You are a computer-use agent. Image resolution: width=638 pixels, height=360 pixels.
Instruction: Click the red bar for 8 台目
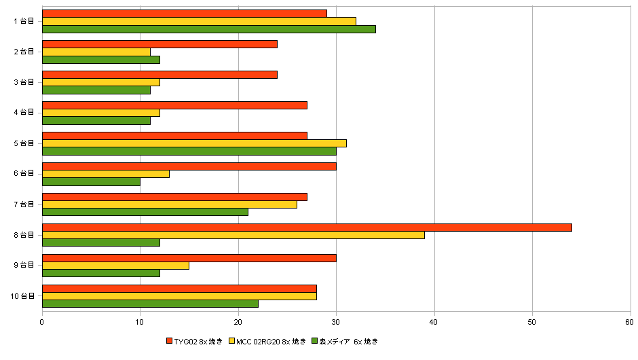coord(307,227)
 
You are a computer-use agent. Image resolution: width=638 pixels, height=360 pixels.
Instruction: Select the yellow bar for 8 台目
coord(233,235)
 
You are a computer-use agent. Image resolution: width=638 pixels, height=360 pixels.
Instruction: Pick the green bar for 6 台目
coord(92,181)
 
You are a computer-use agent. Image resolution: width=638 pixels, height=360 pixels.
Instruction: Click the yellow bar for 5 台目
coord(195,143)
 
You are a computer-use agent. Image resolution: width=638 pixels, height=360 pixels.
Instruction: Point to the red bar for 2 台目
coord(160,44)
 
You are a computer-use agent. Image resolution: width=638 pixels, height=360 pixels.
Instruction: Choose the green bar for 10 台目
coord(151,304)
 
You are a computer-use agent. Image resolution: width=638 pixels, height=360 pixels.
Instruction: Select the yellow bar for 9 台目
coord(116,266)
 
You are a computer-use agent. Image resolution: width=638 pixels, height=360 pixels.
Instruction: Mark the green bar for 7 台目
coord(145,212)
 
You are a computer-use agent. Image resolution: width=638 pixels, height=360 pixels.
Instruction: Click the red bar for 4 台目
coord(175,105)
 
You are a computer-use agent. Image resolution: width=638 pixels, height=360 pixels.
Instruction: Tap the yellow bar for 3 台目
coord(101,82)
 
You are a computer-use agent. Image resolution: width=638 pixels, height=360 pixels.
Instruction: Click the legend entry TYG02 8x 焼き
coord(198,341)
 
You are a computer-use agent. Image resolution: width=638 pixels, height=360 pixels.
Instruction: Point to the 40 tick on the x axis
coord(434,323)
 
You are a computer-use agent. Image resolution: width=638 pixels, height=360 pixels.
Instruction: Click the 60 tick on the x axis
coord(630,323)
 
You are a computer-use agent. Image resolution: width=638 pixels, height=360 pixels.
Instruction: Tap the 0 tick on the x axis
coord(43,323)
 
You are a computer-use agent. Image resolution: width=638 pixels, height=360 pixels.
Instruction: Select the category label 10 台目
coord(23,296)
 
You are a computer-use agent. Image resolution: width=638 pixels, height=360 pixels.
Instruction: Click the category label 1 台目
coord(24,21)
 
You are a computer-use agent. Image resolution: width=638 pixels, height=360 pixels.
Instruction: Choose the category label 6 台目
coord(24,174)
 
